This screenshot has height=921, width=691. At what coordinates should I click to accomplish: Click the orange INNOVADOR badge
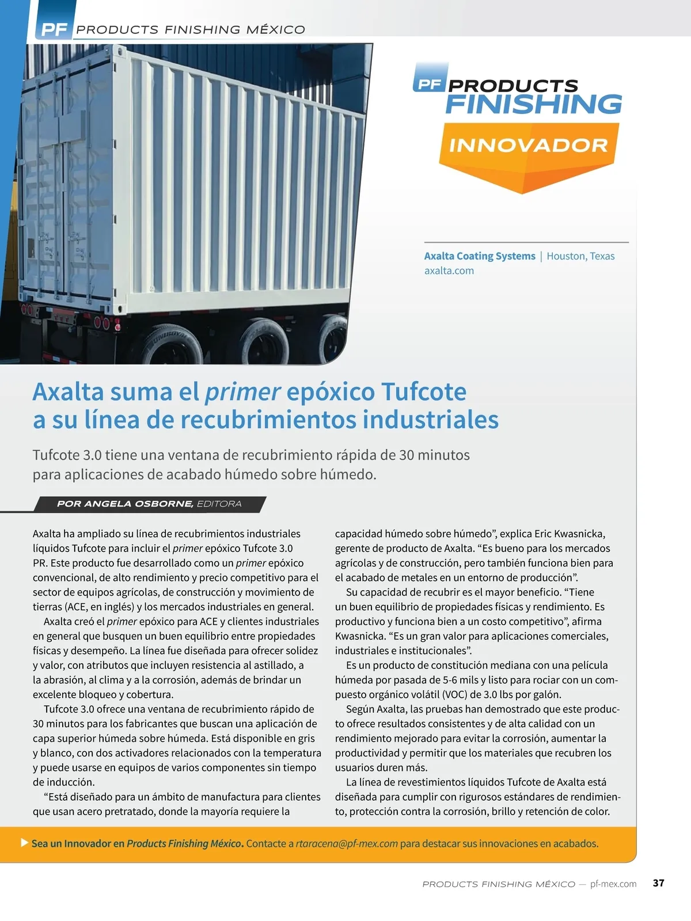pyautogui.click(x=528, y=146)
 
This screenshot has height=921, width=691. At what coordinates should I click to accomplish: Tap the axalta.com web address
pyautogui.click(x=449, y=271)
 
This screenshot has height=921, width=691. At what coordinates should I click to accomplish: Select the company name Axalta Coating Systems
pyautogui.click(x=480, y=256)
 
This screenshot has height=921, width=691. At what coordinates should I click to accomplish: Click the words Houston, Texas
pyautogui.click(x=580, y=256)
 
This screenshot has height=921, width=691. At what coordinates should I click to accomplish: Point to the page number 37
pyautogui.click(x=659, y=883)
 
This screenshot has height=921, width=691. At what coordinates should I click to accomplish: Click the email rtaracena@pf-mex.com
pyautogui.click(x=347, y=843)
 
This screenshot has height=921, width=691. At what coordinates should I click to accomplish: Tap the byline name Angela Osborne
pyautogui.click(x=138, y=504)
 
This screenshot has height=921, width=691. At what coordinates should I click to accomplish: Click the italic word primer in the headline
pyautogui.click(x=242, y=392)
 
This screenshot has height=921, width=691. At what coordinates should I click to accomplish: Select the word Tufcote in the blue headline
pyautogui.click(x=424, y=392)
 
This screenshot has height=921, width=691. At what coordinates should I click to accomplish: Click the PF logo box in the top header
pyautogui.click(x=53, y=29)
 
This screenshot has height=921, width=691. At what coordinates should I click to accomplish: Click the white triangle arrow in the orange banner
pyautogui.click(x=24, y=843)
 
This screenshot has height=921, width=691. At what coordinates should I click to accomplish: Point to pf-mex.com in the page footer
pyautogui.click(x=613, y=884)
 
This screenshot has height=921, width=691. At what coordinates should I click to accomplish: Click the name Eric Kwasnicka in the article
pyautogui.click(x=569, y=534)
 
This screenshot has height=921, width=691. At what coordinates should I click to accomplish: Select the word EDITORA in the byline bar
pyautogui.click(x=219, y=504)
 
